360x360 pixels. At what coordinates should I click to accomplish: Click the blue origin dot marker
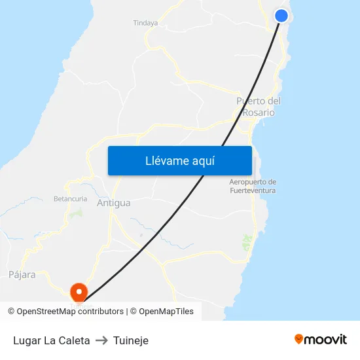click(x=281, y=16)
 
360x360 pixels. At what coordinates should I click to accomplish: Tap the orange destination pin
click(x=79, y=291)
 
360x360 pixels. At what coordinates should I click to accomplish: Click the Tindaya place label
click(x=145, y=23)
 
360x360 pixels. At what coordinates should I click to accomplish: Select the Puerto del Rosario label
click(x=259, y=107)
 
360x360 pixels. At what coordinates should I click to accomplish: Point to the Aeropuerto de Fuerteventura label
click(x=253, y=186)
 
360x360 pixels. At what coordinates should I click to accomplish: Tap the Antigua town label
click(x=113, y=203)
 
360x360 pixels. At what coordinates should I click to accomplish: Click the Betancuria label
click(x=70, y=198)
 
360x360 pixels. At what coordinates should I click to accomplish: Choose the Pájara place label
click(x=22, y=275)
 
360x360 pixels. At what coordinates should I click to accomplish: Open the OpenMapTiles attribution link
click(x=166, y=312)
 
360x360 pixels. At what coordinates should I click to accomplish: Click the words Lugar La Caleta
click(x=52, y=340)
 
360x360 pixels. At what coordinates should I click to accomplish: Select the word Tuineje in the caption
click(x=131, y=340)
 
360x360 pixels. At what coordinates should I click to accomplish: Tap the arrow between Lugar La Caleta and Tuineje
click(x=101, y=340)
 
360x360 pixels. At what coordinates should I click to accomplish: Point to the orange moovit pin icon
click(x=299, y=339)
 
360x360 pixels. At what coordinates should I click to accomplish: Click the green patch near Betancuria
click(x=78, y=213)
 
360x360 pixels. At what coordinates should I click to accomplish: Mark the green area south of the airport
click(x=247, y=242)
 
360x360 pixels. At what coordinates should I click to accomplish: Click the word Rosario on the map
click(x=259, y=113)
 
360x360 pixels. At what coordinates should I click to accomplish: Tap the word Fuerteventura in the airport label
click(x=253, y=190)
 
